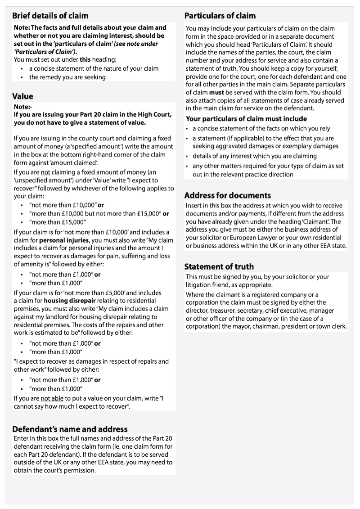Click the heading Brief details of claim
pyautogui.click(x=50, y=16)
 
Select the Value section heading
pyautogui.click(x=22, y=96)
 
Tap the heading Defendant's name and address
pyautogui.click(x=70, y=429)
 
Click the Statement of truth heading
pyautogui.click(x=219, y=266)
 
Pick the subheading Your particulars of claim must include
pyautogui.click(x=247, y=119)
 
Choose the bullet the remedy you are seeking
pyautogui.click(x=67, y=77)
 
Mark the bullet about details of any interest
pyautogui.click(x=255, y=156)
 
